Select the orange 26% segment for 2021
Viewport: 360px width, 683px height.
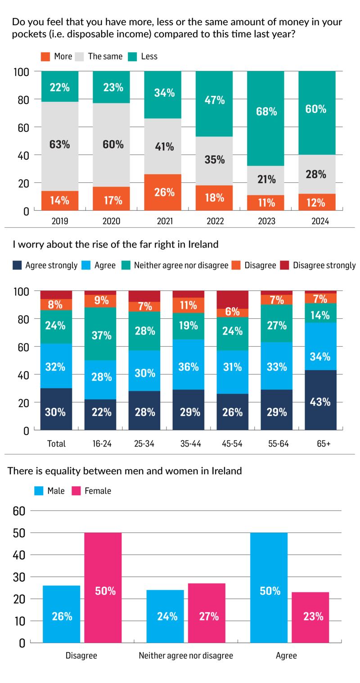[163, 192]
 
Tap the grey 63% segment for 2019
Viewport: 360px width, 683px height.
[60, 145]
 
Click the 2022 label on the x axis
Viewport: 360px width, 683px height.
[215, 221]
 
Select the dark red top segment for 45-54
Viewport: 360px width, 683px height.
[232, 299]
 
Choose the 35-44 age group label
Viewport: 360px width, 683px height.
[189, 443]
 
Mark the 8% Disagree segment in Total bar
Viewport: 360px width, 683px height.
[56, 305]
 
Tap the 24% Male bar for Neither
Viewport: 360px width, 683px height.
[165, 616]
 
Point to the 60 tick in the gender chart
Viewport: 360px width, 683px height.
[22, 511]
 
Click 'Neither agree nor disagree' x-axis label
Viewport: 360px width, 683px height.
[186, 656]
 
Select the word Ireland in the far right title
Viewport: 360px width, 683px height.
[201, 244]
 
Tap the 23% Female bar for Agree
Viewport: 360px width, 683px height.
[310, 617]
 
